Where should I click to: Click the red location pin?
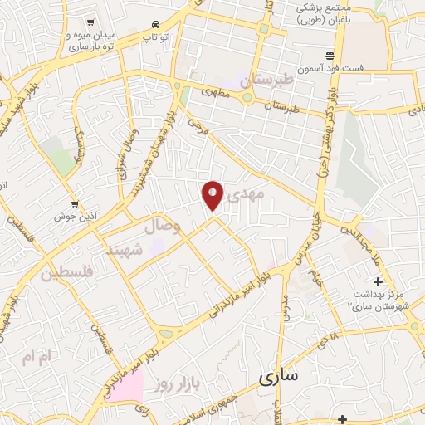(212, 194)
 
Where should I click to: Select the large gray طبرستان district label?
(267, 81)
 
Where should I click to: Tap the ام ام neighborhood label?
(37, 357)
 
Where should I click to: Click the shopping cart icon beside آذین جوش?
(75, 203)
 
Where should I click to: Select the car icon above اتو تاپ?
(155, 25)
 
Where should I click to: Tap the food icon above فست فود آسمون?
(330, 56)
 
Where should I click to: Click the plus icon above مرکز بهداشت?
(378, 281)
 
